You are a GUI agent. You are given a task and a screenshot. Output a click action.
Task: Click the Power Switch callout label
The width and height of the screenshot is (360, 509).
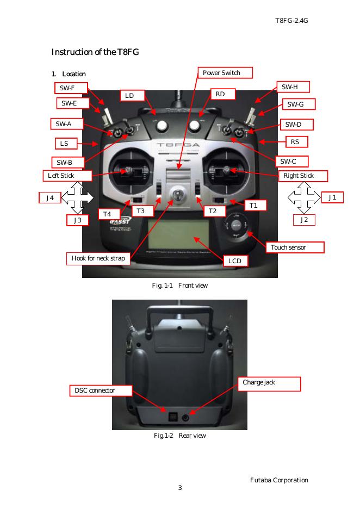pyautogui.click(x=221, y=73)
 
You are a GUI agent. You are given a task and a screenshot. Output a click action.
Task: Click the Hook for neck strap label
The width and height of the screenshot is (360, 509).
pyautogui.click(x=98, y=258)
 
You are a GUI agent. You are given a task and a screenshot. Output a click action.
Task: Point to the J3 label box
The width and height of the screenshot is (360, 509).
pyautogui.click(x=78, y=220)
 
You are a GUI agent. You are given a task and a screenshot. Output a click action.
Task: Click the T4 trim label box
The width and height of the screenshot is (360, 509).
pyautogui.click(x=109, y=214)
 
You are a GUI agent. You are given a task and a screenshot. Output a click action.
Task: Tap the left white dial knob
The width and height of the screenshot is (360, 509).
pyautogui.click(x=162, y=126)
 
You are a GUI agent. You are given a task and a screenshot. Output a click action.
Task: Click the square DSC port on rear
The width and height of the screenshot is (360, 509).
pyautogui.click(x=172, y=417)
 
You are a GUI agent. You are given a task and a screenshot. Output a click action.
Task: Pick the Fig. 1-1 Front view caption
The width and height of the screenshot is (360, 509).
pyautogui.click(x=179, y=285)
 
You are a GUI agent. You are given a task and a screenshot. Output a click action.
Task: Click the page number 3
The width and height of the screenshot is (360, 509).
pyautogui.click(x=180, y=487)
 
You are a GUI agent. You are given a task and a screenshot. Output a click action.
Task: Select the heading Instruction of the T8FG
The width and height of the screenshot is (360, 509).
pyautogui.click(x=95, y=52)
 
